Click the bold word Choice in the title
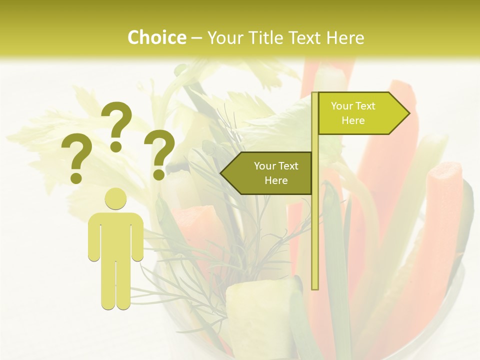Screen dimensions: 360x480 pyautogui.click(x=156, y=37)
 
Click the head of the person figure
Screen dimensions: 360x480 pyautogui.click(x=115, y=198)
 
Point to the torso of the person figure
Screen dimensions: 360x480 pyautogui.click(x=115, y=235)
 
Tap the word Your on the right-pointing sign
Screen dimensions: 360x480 pyautogui.click(x=342, y=106)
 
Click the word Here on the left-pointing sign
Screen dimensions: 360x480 pyautogui.click(x=276, y=180)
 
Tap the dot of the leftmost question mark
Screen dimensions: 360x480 pyautogui.click(x=76, y=177)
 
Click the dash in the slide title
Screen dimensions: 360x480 pyautogui.click(x=196, y=38)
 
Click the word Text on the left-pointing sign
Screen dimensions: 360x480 pyautogui.click(x=288, y=166)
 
